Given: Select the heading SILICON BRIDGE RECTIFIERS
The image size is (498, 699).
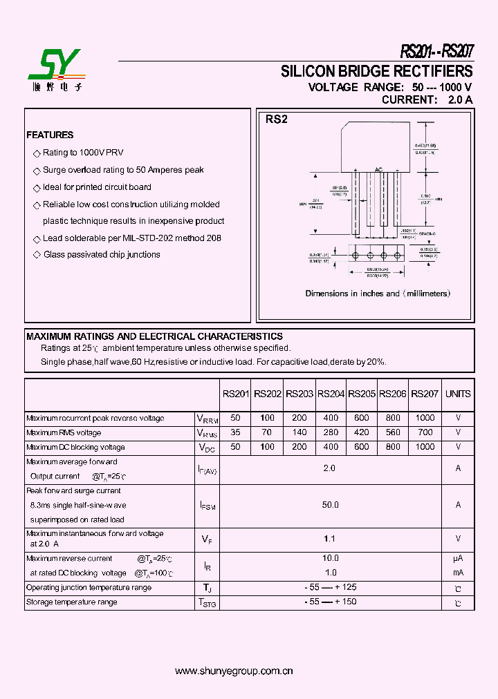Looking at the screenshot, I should click(x=376, y=71).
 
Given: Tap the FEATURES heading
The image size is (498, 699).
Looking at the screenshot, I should click(x=50, y=135).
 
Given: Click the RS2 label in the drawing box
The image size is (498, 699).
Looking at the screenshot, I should click(x=276, y=119).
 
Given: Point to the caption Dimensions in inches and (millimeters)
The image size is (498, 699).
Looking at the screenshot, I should click(x=378, y=294).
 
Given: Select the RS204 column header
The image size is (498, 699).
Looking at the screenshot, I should click(x=331, y=394).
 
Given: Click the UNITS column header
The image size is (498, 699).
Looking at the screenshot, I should click(x=458, y=394).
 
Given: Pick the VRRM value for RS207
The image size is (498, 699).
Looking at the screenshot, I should click(x=425, y=418).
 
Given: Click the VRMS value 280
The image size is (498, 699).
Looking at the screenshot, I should click(x=331, y=432).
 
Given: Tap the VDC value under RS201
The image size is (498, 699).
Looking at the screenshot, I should click(x=235, y=447).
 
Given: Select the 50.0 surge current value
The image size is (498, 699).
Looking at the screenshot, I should click(x=331, y=505).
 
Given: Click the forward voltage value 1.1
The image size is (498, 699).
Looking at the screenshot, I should click(x=331, y=538).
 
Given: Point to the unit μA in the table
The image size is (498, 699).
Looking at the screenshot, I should click(x=458, y=558).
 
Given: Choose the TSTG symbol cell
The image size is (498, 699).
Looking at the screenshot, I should click(x=207, y=602).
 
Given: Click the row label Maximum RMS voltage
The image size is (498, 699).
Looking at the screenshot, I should click(x=64, y=432).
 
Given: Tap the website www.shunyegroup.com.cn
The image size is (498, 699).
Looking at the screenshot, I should click(x=234, y=671).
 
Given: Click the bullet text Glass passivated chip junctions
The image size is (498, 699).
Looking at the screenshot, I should click(x=102, y=255).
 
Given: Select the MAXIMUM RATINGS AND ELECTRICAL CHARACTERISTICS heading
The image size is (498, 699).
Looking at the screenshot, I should click(x=154, y=336).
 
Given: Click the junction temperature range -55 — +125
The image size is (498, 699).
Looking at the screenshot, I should click(x=331, y=587).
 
